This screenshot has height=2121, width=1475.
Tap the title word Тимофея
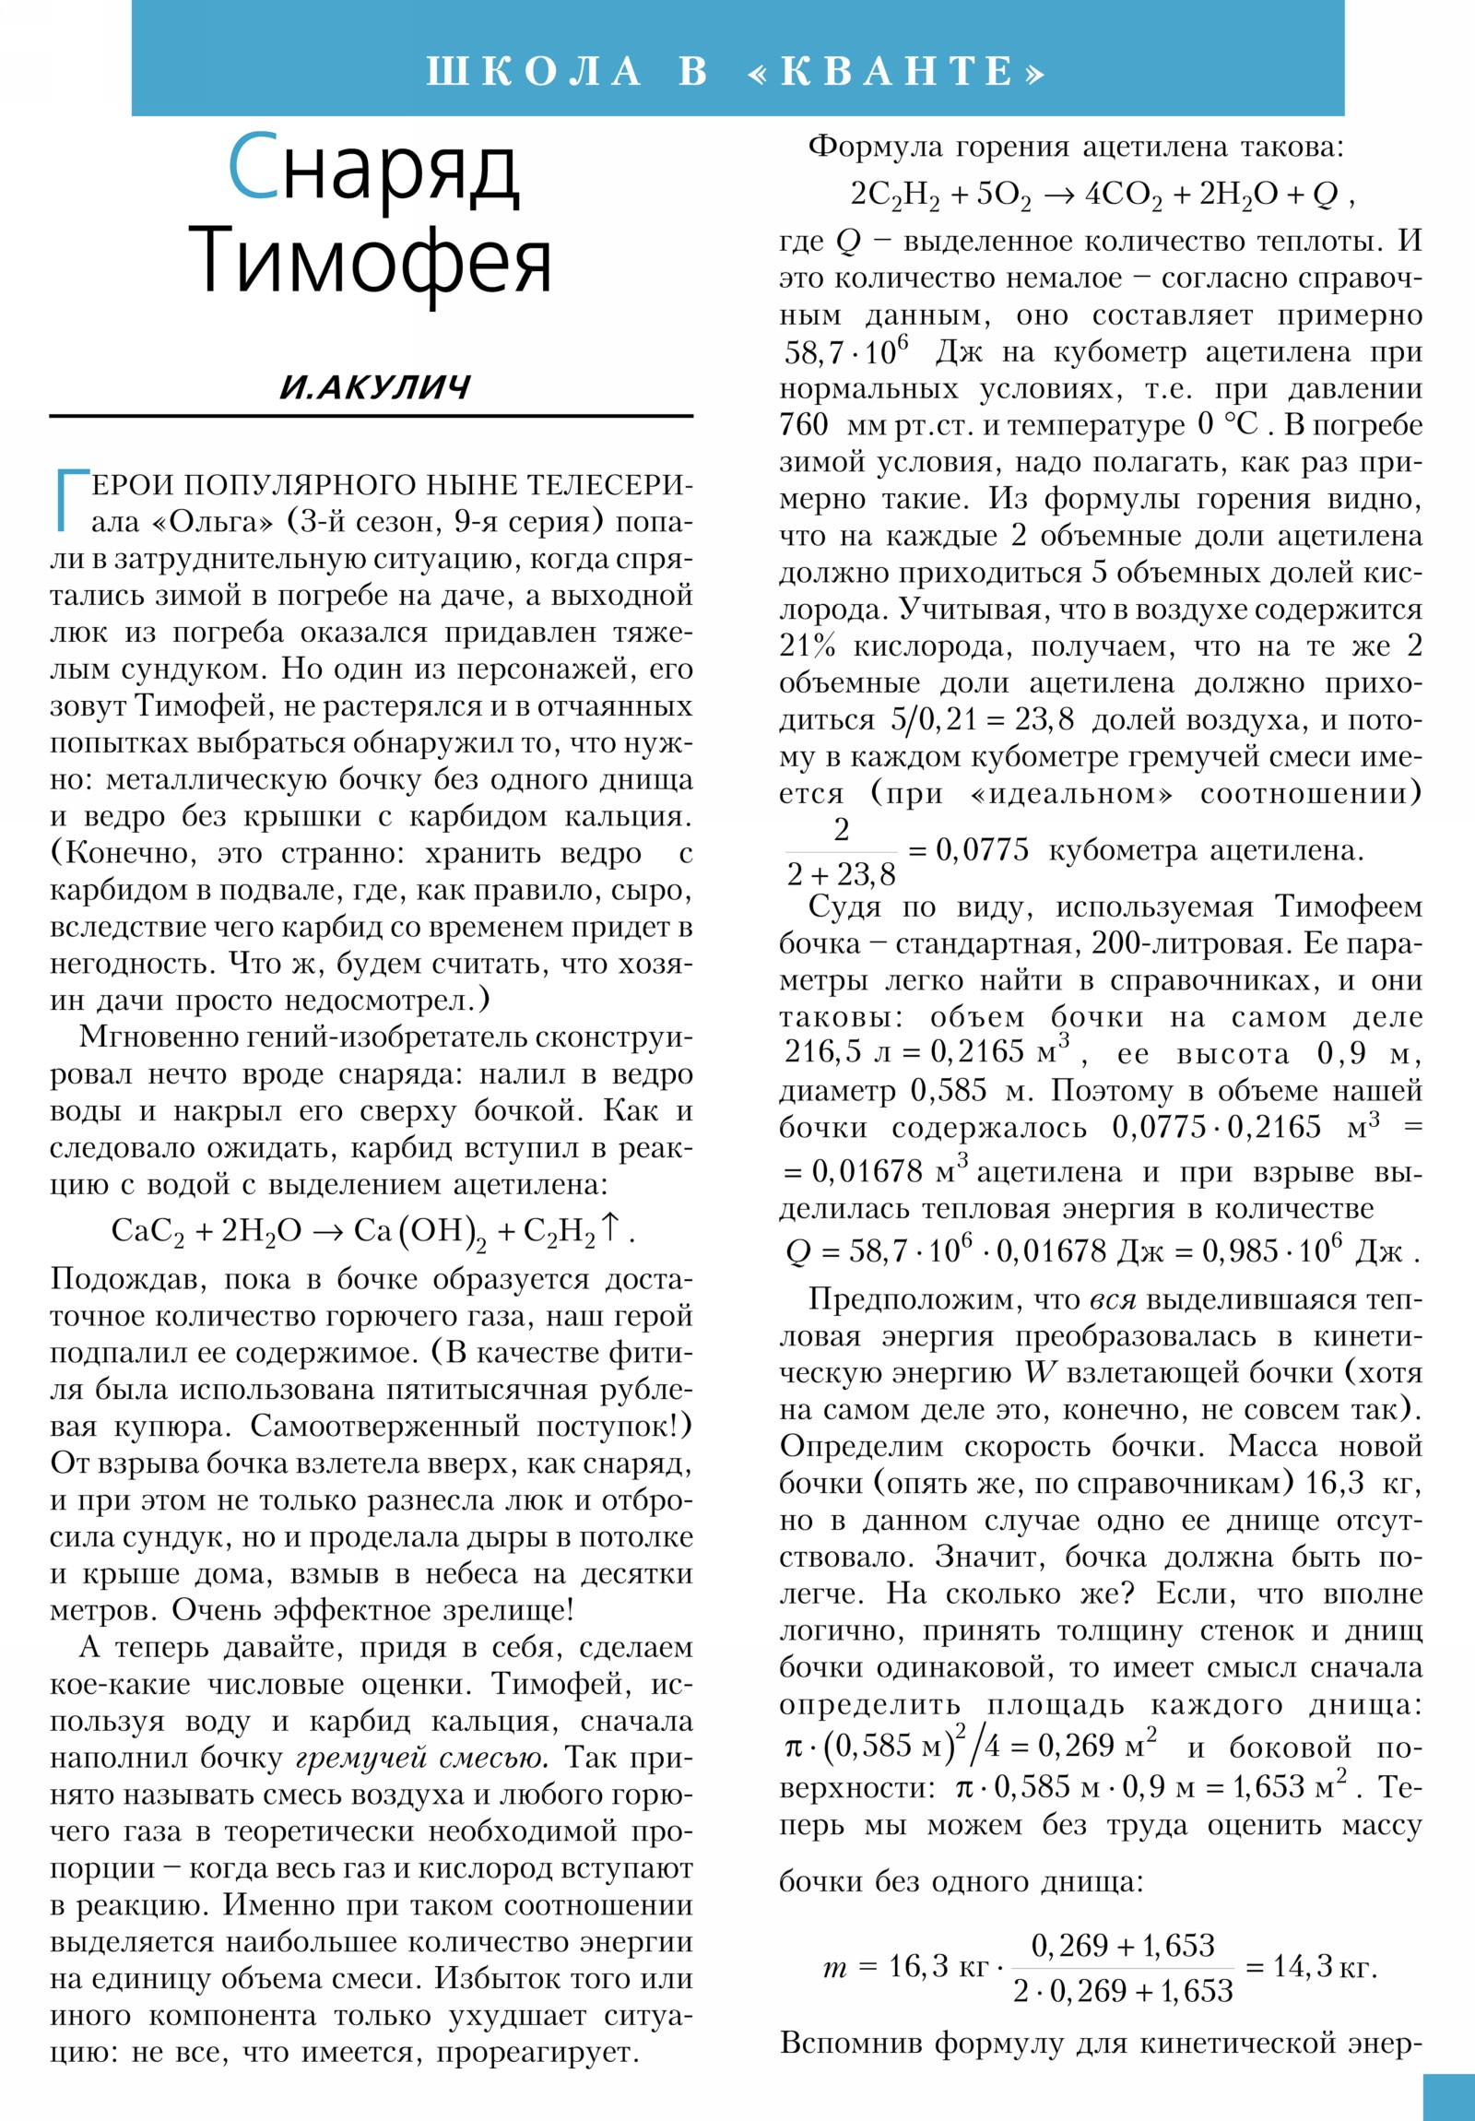pyautogui.click(x=370, y=261)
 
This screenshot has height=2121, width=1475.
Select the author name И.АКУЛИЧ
pyautogui.click(x=375, y=387)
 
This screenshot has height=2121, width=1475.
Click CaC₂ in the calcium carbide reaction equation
pyautogui.click(x=147, y=1231)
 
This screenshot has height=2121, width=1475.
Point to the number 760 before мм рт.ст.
pyautogui.click(x=804, y=425)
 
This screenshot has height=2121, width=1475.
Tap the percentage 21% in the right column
pyautogui.click(x=808, y=646)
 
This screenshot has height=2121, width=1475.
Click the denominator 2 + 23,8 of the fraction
pyautogui.click(x=841, y=874)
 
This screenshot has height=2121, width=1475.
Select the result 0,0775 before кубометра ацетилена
pyautogui.click(x=982, y=850)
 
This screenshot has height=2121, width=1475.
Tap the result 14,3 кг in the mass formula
pyautogui.click(x=1323, y=1967)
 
